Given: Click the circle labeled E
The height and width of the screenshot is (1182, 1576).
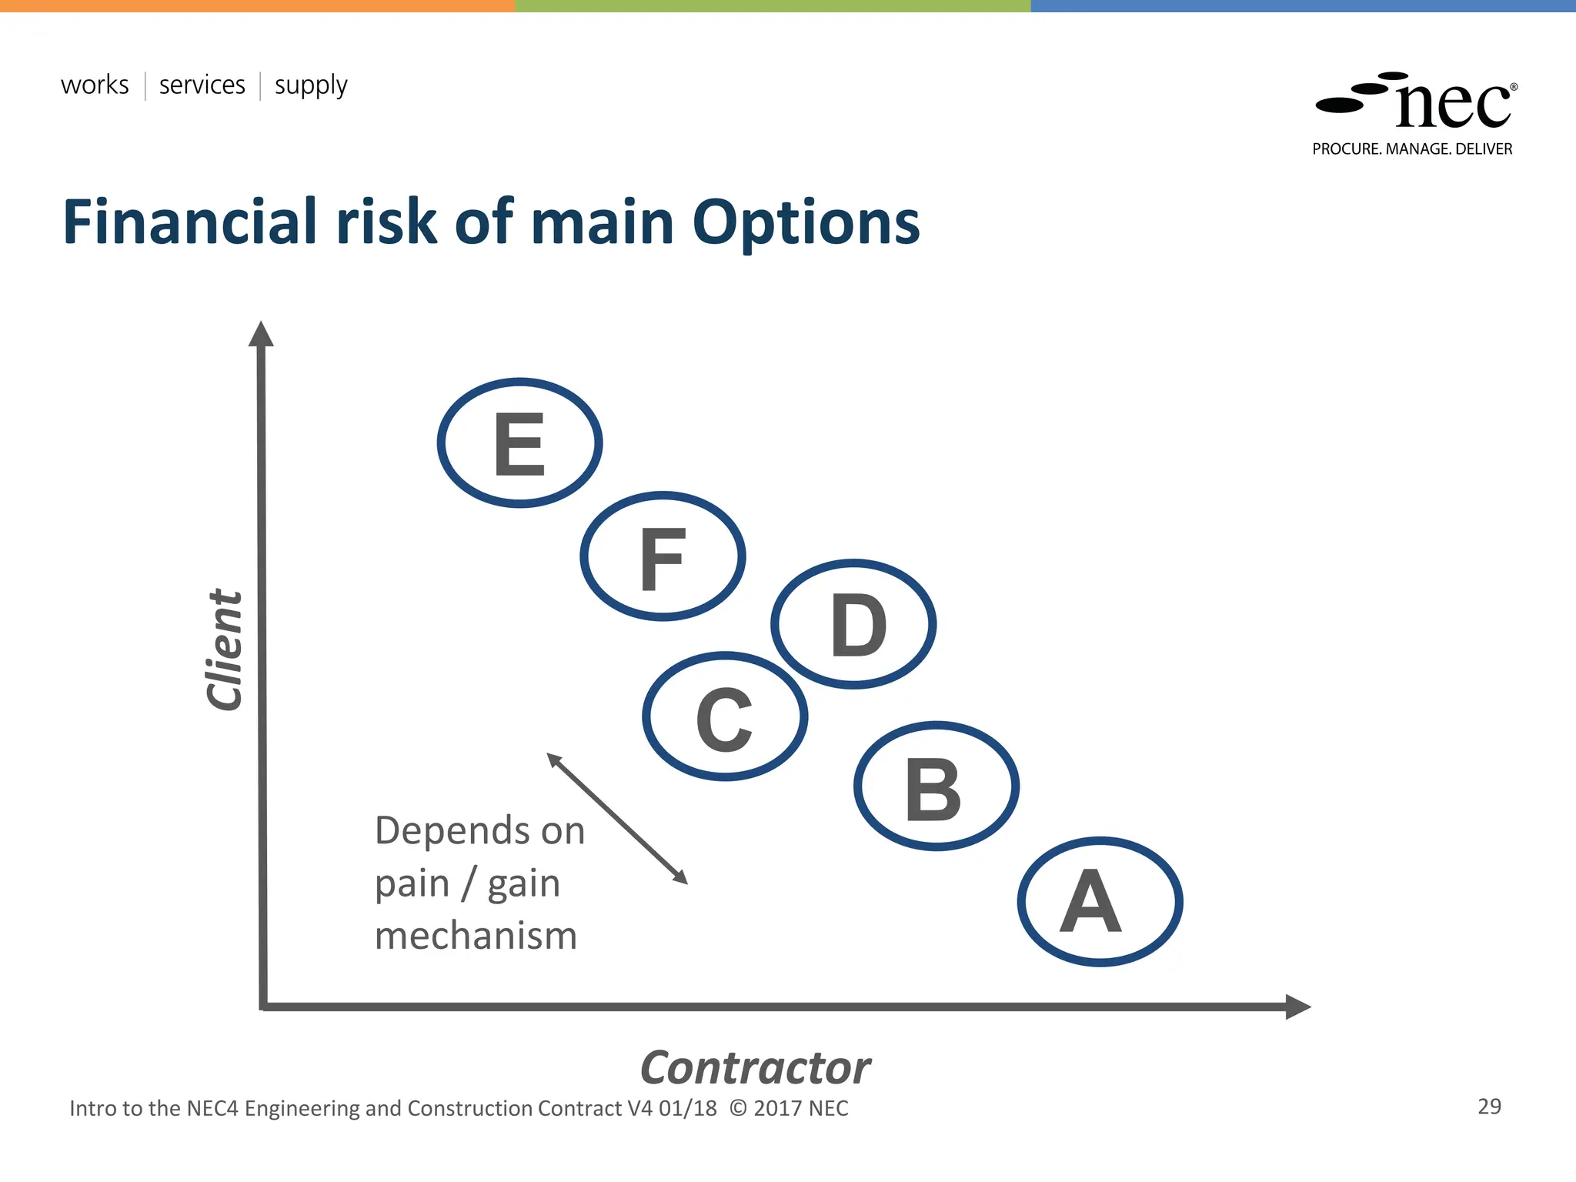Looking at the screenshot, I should click(x=520, y=442).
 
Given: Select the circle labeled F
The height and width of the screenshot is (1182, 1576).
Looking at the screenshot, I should click(x=663, y=556).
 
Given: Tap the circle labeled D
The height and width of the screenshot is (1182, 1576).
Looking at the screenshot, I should click(x=853, y=624).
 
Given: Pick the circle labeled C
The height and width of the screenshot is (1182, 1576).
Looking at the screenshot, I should click(x=725, y=716).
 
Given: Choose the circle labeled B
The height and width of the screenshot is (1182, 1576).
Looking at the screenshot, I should click(x=937, y=786).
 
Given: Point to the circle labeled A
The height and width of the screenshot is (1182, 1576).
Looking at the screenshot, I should click(x=1100, y=901).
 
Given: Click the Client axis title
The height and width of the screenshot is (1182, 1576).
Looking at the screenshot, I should click(x=225, y=650).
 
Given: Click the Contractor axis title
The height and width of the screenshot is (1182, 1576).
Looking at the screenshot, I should click(x=755, y=1068).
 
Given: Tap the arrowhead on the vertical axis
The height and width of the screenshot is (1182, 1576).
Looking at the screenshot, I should click(x=261, y=335).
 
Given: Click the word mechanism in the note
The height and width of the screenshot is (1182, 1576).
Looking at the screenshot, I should click(x=476, y=936).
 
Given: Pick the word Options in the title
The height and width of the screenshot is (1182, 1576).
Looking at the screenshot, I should click(x=806, y=223).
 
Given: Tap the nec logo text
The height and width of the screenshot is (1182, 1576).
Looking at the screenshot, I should click(x=1453, y=105).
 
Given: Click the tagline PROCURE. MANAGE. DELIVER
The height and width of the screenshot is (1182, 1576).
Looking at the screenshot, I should click(x=1412, y=149).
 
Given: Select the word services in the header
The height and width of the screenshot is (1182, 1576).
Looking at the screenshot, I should click(x=202, y=85).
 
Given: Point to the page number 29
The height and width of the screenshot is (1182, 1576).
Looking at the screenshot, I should click(x=1489, y=1107).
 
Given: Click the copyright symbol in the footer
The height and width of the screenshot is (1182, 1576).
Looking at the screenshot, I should click(x=738, y=1108).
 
